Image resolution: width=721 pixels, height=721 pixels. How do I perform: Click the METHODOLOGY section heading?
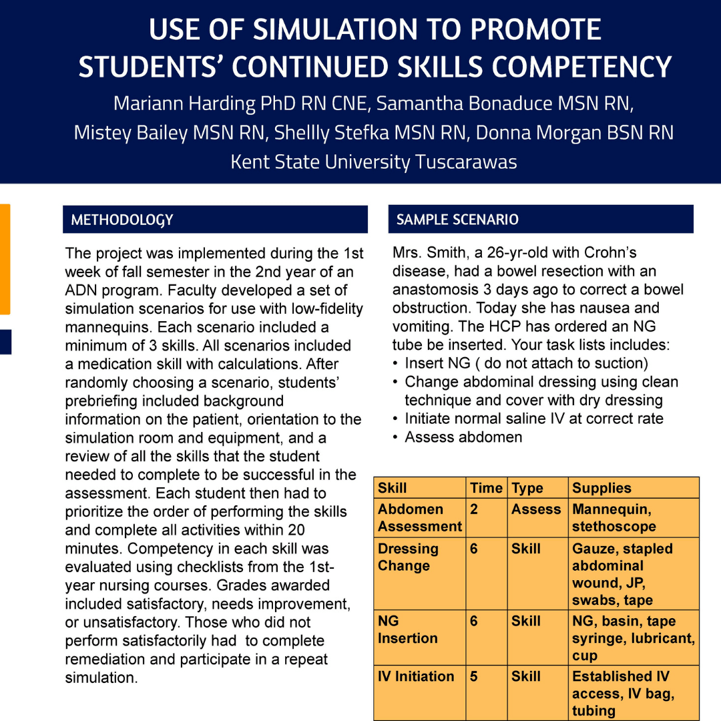pos(122,220)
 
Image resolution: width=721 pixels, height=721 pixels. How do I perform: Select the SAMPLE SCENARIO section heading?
pos(457,220)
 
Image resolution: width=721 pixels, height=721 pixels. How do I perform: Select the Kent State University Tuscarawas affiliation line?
pos(374,162)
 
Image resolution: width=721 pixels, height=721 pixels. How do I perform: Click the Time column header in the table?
pos(486,488)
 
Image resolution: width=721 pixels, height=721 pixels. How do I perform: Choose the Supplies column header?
pos(602,488)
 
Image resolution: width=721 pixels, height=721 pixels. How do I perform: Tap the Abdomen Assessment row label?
pos(419,517)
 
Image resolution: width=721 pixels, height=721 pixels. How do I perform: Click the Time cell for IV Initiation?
pos(473,676)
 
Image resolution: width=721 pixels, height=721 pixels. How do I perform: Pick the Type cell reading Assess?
pos(536,509)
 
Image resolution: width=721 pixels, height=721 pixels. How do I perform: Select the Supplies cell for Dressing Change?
pos(622,574)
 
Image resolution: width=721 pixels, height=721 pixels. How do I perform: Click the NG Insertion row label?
pos(407,630)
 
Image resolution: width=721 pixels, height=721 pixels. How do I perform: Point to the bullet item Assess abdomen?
pos(463,437)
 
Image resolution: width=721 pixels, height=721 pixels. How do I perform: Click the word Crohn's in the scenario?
pos(610,253)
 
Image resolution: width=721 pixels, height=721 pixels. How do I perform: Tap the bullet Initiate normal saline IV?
pos(534,419)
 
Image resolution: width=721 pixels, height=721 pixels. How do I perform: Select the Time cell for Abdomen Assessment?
pos(473,509)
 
